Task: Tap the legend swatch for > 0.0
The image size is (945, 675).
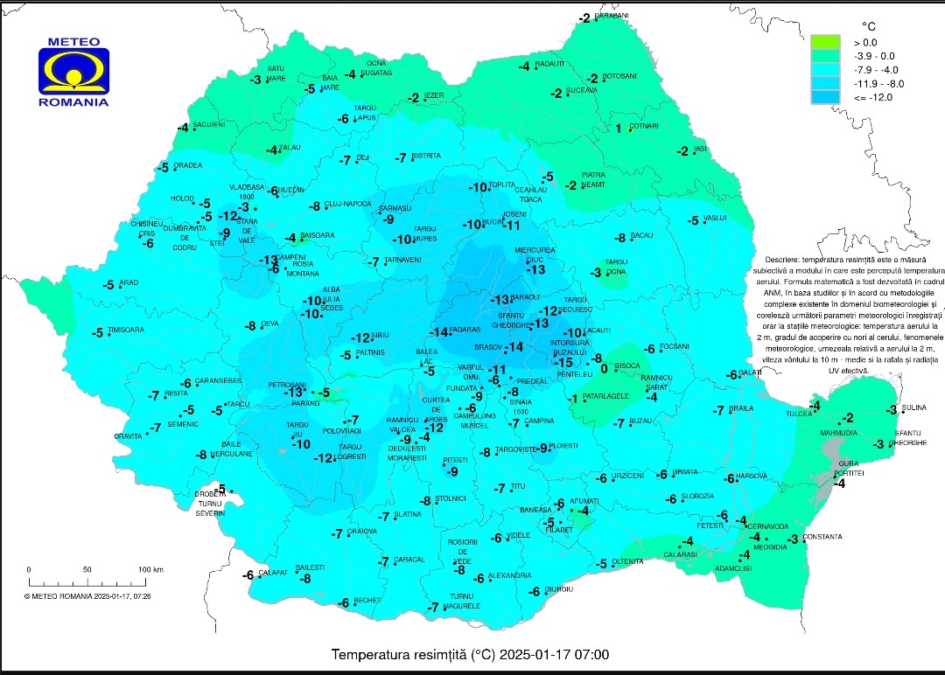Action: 824,42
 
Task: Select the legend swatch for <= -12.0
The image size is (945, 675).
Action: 824,97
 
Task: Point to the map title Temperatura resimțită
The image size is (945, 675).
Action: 470,654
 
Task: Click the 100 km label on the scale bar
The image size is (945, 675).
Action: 150,569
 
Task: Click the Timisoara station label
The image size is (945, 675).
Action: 126,330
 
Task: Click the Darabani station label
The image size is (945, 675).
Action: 612,16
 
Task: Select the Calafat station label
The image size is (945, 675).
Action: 273,572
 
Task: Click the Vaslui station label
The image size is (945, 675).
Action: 716,218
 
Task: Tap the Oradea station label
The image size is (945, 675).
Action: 187,165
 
